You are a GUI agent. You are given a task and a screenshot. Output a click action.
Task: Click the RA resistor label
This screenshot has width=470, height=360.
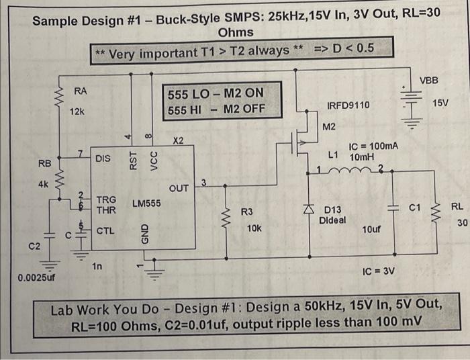(80, 91)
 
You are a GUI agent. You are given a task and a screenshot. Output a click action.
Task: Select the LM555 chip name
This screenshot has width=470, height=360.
(146, 202)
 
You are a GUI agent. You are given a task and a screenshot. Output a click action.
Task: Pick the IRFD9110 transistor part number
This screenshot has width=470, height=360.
(348, 105)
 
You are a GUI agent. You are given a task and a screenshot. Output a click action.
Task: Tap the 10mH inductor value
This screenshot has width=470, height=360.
(362, 156)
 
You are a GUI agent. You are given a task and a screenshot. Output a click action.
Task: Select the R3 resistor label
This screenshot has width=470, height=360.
(247, 212)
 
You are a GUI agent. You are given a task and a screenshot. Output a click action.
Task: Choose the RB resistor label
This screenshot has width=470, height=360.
(44, 163)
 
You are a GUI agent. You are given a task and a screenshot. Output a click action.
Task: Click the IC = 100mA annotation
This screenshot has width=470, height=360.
(373, 146)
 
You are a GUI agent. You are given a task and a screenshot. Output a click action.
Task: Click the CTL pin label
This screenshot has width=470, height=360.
(105, 230)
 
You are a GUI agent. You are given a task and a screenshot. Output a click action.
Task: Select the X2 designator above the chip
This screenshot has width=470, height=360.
(179, 141)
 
